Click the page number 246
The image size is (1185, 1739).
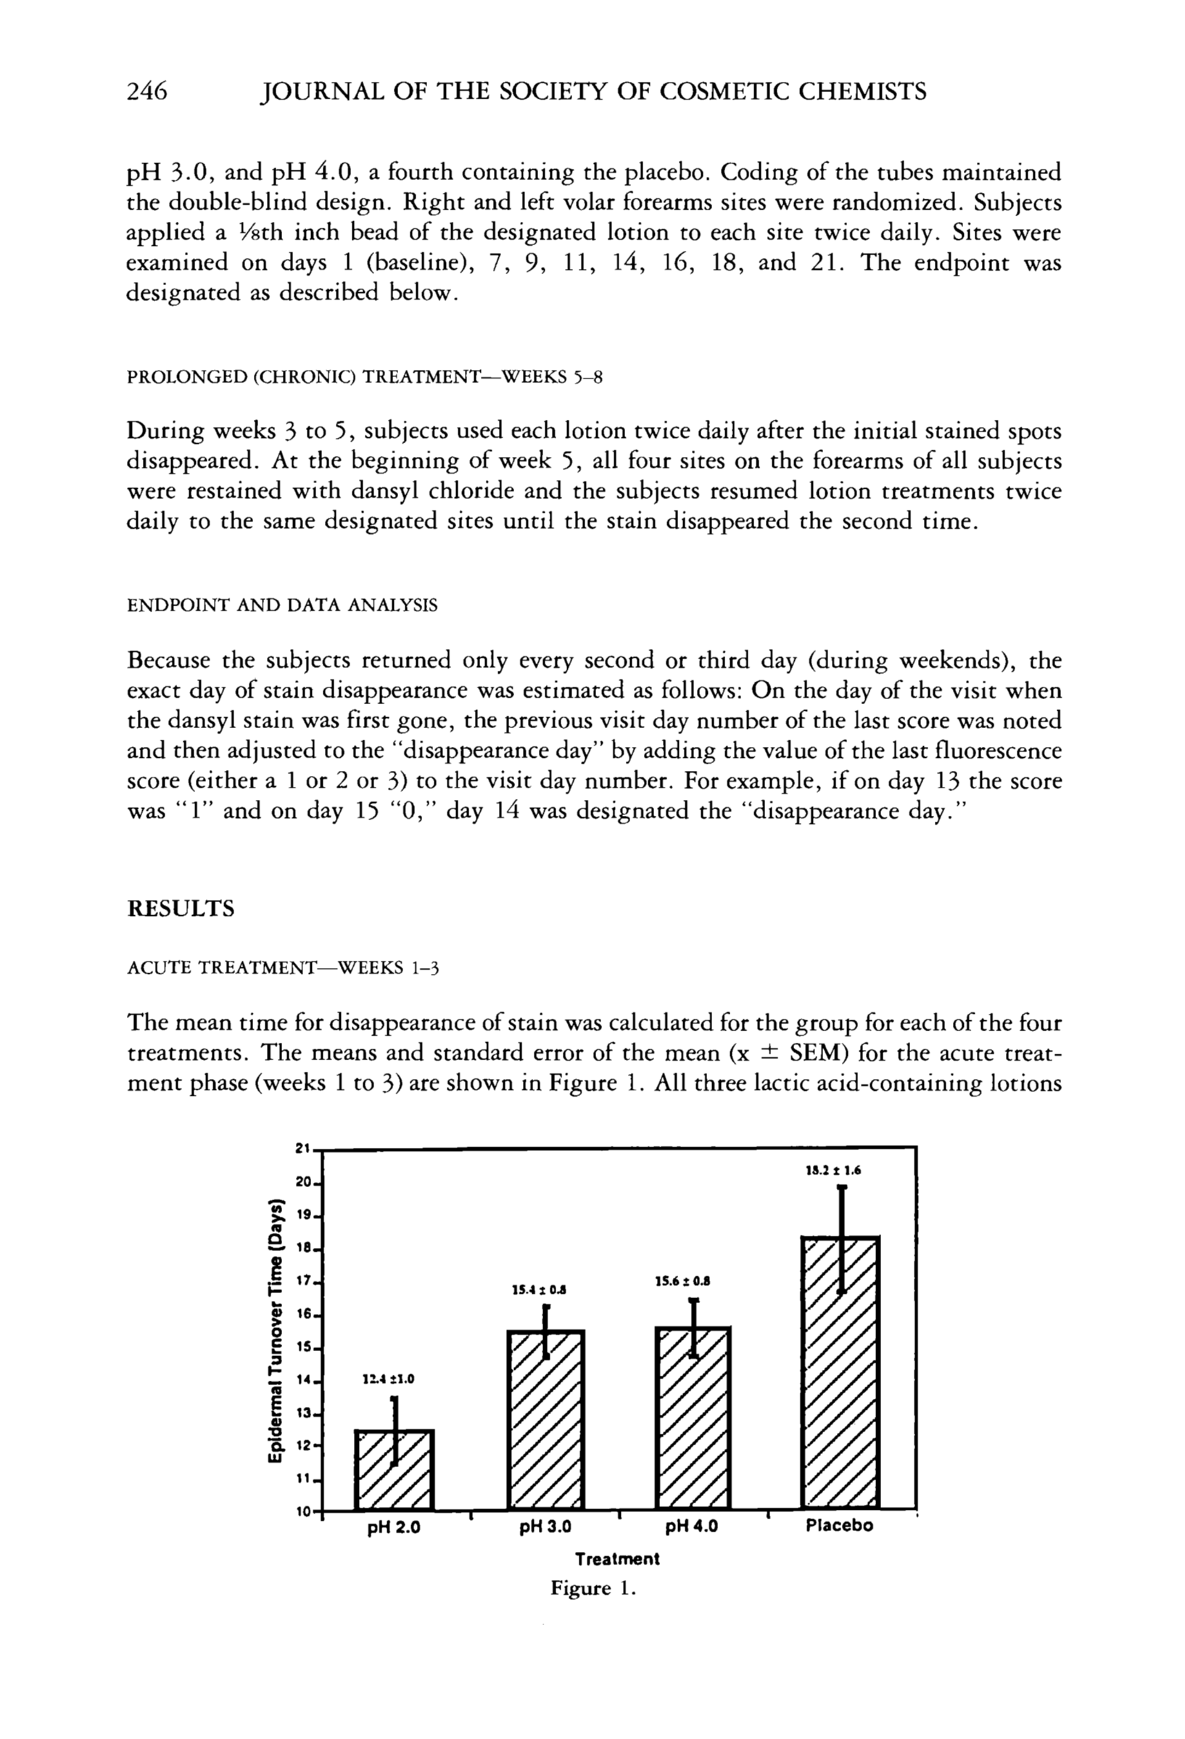[x=146, y=91]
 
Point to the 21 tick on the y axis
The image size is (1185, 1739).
[x=303, y=1149]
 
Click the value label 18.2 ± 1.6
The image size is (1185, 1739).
[x=833, y=1170]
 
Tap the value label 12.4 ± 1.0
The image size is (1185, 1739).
[x=388, y=1379]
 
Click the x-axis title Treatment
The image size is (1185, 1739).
[x=617, y=1559]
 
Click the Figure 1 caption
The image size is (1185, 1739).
[x=592, y=1589]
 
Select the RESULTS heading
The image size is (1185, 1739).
[x=181, y=909]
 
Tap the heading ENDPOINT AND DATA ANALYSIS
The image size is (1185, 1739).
[x=282, y=605]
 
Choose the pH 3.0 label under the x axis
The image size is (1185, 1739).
[x=545, y=1527]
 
